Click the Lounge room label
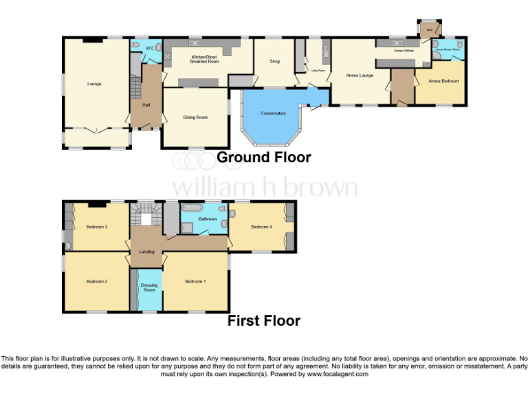coord(94,84)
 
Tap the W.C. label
coord(150,48)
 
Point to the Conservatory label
coord(273,113)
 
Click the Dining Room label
coord(195,117)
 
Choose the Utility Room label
coord(318,70)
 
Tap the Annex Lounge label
coord(360,75)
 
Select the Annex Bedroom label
coord(443,81)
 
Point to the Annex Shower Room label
coord(448,49)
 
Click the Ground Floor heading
coord(264,157)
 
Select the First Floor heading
coord(264,320)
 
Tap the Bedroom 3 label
coord(96,227)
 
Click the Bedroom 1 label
coord(195,281)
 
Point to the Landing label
coord(146,252)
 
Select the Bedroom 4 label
coord(261,227)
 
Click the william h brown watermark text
coord(264,188)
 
